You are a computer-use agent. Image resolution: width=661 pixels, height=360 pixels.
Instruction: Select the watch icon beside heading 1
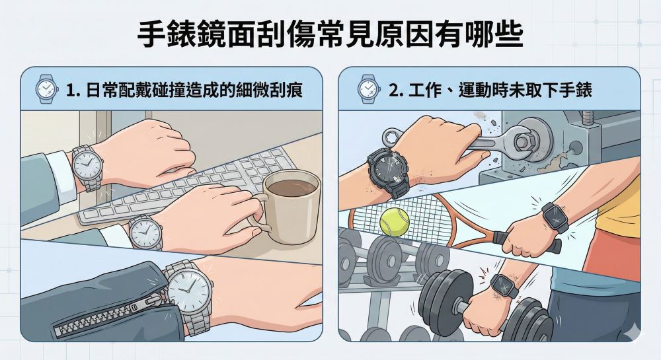(46, 89)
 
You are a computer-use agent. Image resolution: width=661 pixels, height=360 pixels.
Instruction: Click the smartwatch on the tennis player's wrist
(555, 217)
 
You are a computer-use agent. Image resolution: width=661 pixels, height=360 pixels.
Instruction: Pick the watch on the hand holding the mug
(145, 233)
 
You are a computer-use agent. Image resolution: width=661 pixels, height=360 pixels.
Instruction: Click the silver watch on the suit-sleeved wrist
(87, 168)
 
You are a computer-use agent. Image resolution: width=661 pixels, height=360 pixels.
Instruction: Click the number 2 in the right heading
(394, 90)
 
